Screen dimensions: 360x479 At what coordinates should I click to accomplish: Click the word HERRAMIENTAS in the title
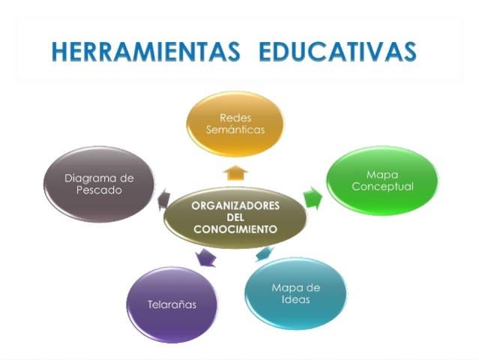pyautogui.click(x=147, y=51)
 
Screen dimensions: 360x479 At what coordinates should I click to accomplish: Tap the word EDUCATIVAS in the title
pyautogui.click(x=337, y=51)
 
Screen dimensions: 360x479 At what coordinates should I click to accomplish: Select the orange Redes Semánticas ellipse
pyautogui.click(x=235, y=124)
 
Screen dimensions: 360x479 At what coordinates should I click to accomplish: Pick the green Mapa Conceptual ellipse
pyautogui.click(x=382, y=181)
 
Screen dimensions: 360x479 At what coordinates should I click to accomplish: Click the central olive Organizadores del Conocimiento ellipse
pyautogui.click(x=235, y=217)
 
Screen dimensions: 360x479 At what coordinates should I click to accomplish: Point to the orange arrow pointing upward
pyautogui.click(x=235, y=172)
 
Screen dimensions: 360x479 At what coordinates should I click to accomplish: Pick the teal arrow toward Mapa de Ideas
pyautogui.click(x=264, y=253)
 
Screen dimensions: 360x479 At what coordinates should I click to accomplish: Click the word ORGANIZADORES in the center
pyautogui.click(x=235, y=205)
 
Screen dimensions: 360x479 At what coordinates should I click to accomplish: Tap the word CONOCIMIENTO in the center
pyautogui.click(x=235, y=229)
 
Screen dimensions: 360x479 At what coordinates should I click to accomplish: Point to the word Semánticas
pyautogui.click(x=235, y=130)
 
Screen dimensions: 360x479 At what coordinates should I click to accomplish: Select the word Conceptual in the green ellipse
pyautogui.click(x=382, y=187)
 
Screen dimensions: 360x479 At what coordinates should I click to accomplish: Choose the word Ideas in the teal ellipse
pyautogui.click(x=296, y=300)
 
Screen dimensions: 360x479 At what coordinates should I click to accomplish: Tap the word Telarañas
pyautogui.click(x=172, y=305)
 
